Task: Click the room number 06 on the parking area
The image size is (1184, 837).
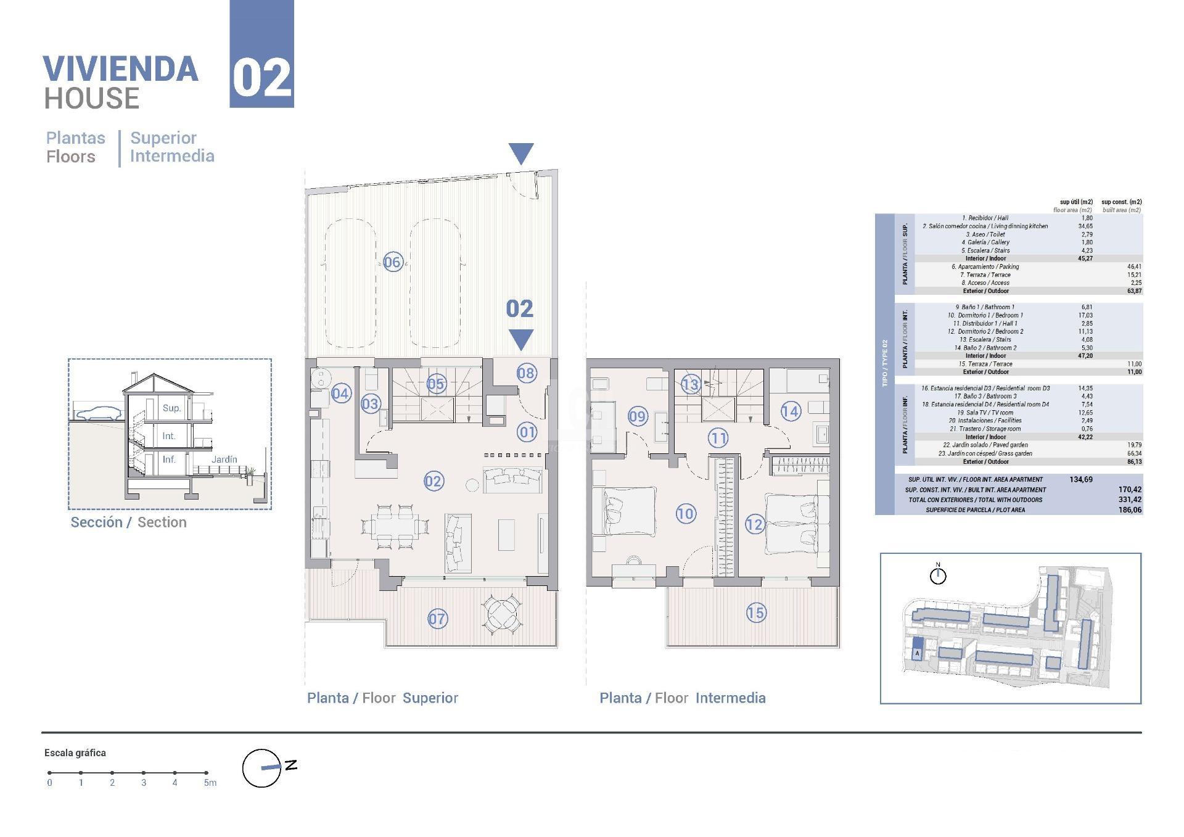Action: pyautogui.click(x=392, y=262)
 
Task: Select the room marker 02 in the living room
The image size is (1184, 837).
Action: pyautogui.click(x=434, y=481)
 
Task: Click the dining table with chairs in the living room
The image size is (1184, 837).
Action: pyautogui.click(x=395, y=527)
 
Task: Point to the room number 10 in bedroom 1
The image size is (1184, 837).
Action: pyautogui.click(x=686, y=513)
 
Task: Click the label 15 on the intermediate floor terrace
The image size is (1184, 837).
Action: pyautogui.click(x=756, y=612)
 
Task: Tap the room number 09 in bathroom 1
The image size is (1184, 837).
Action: pyautogui.click(x=638, y=416)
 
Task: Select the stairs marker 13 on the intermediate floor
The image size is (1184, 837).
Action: pyautogui.click(x=691, y=385)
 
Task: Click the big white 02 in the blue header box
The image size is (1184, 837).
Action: pyautogui.click(x=262, y=79)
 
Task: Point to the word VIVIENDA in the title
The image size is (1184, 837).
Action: pyautogui.click(x=121, y=69)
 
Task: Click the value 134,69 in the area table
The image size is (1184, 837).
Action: pyautogui.click(x=1080, y=479)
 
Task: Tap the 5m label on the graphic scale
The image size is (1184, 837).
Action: pyautogui.click(x=210, y=783)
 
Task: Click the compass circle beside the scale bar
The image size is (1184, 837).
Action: pyautogui.click(x=261, y=768)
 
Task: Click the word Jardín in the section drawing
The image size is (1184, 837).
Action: pyautogui.click(x=224, y=460)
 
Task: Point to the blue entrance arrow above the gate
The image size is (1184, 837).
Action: pyautogui.click(x=521, y=154)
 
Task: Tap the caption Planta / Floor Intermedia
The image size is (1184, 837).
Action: pyautogui.click(x=683, y=698)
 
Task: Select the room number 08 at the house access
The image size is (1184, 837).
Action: pyautogui.click(x=526, y=373)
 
